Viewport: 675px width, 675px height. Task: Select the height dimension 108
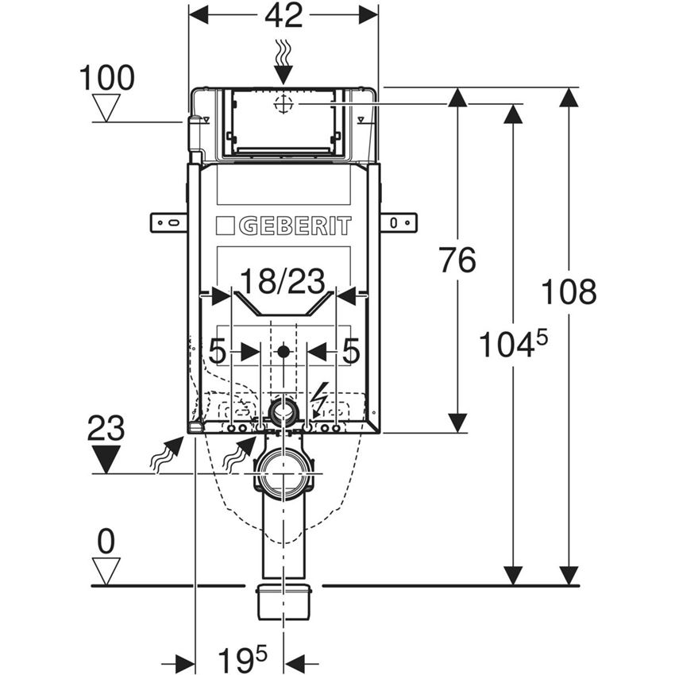[569, 292]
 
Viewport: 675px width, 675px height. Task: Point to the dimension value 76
[457, 260]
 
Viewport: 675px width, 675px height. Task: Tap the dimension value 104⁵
[513, 345]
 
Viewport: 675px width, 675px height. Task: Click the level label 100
[107, 79]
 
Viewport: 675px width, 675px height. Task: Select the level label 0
[106, 542]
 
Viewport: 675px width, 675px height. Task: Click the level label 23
[106, 429]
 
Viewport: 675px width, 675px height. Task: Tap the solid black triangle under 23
[106, 459]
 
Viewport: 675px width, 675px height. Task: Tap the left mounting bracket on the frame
[168, 222]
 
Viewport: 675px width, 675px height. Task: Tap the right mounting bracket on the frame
[399, 222]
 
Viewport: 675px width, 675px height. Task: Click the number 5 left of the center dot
[218, 350]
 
